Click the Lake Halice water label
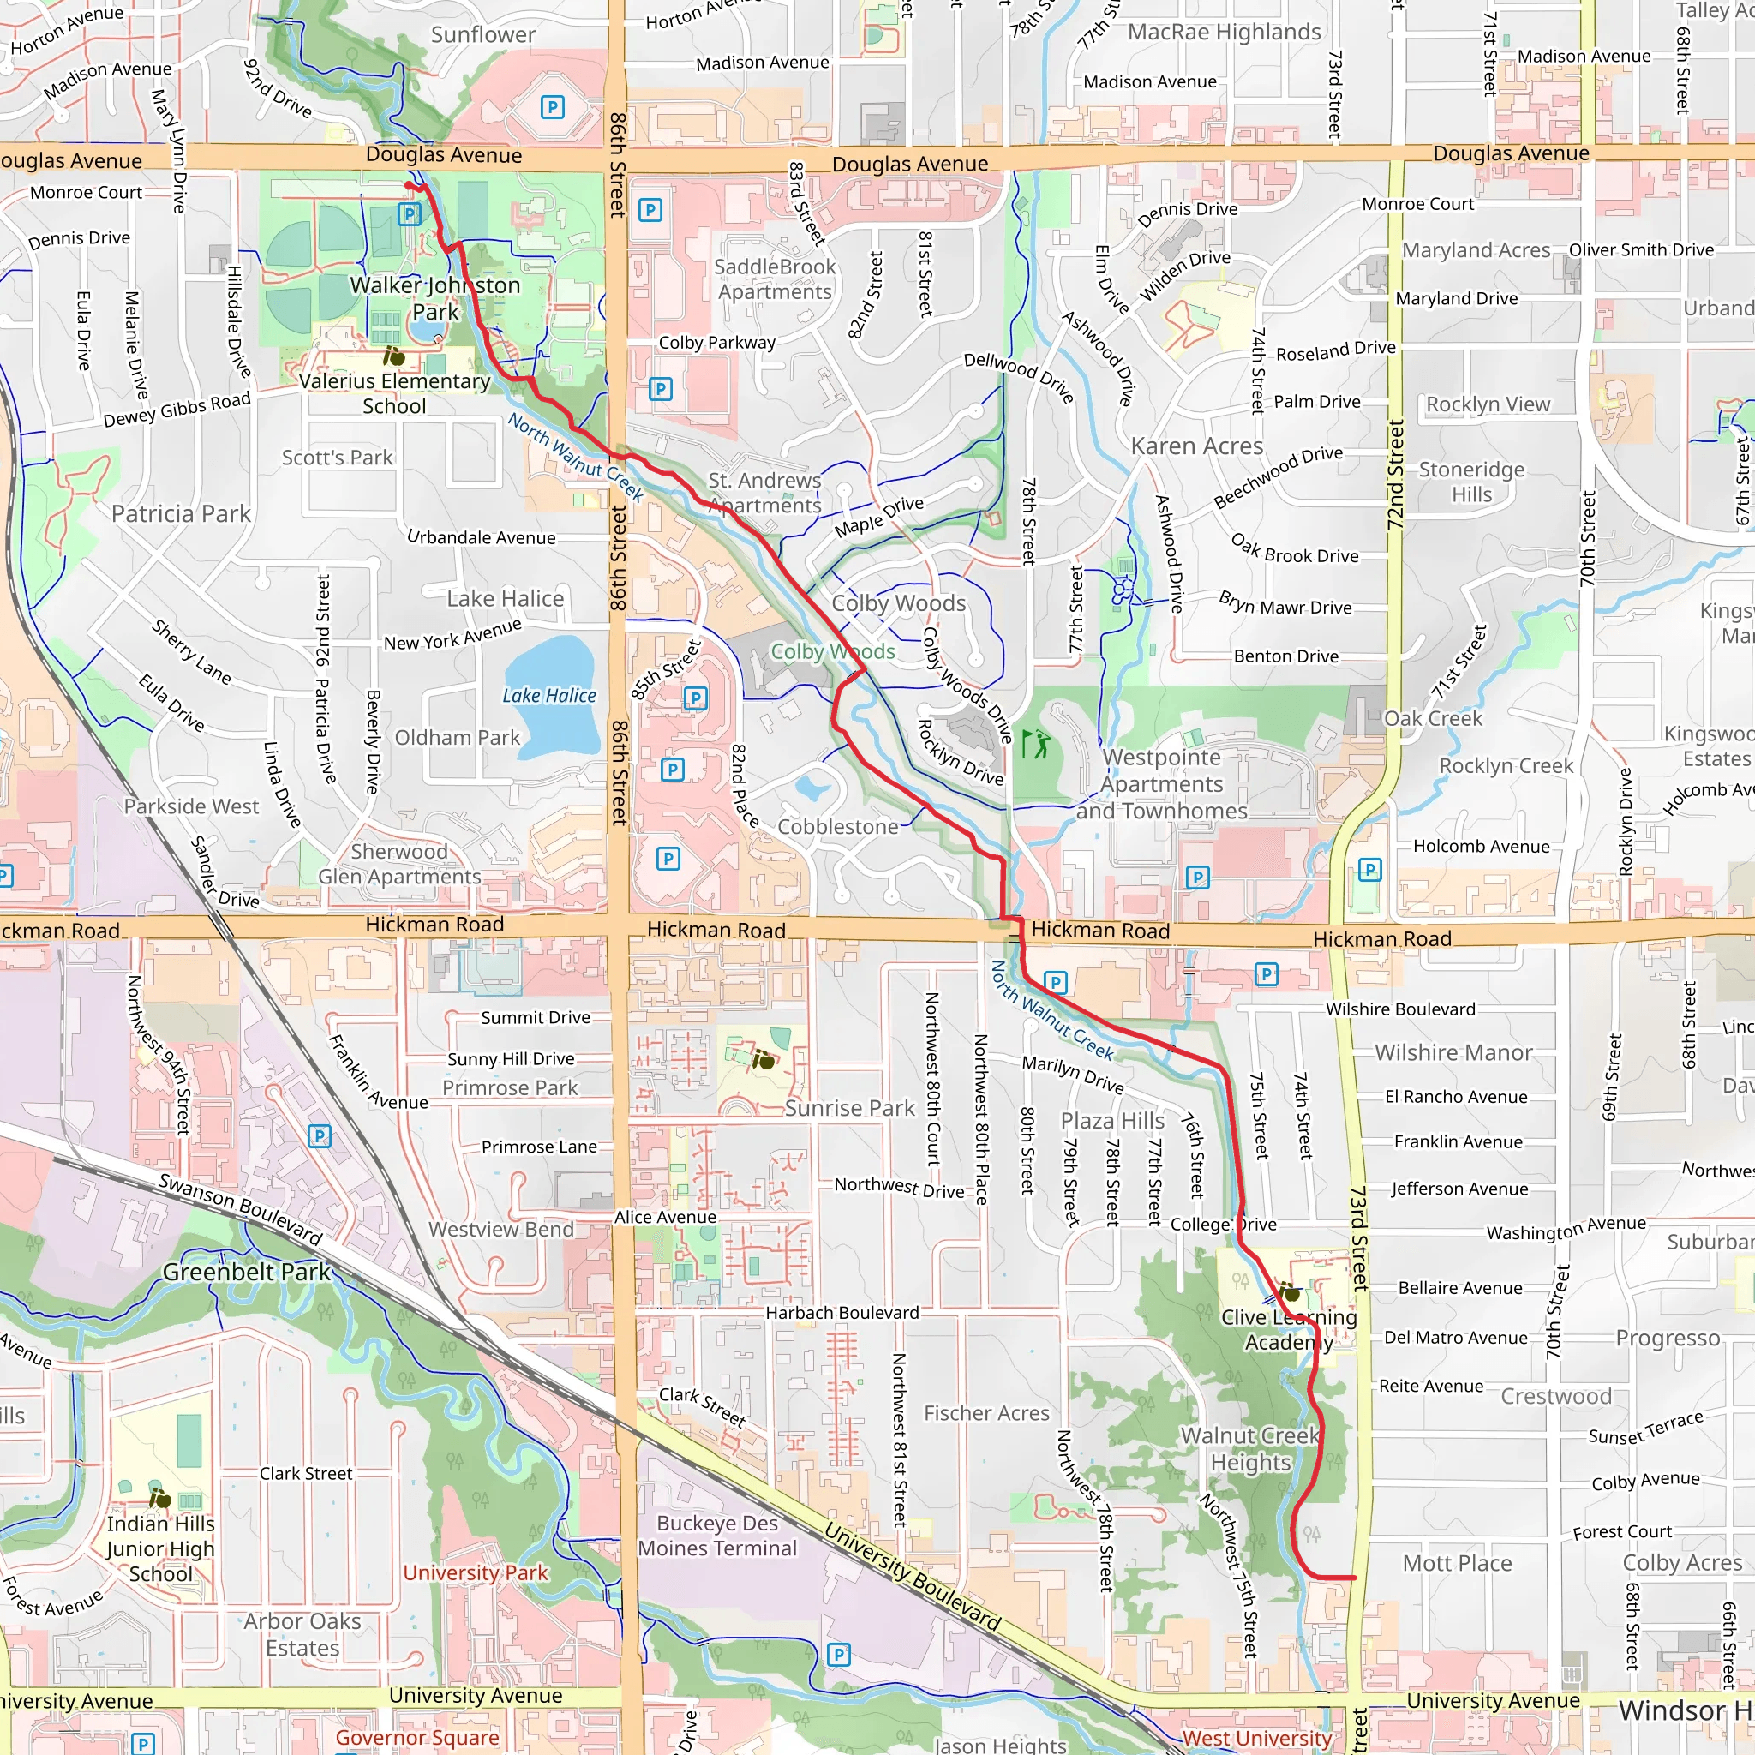(x=548, y=696)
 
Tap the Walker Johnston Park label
(x=435, y=299)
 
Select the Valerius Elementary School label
(x=394, y=393)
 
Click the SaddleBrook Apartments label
(x=774, y=279)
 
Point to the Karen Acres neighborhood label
(x=1196, y=446)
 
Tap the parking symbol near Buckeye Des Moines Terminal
(x=838, y=1654)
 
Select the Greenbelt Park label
(x=246, y=1272)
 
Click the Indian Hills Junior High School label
(x=161, y=1548)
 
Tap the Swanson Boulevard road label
(x=241, y=1208)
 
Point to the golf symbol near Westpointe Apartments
(x=1034, y=744)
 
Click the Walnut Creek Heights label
(x=1250, y=1449)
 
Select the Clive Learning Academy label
(x=1288, y=1329)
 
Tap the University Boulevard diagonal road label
(x=912, y=1577)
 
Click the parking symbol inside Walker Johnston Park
(x=410, y=214)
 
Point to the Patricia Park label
(x=181, y=514)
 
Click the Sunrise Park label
(x=849, y=1108)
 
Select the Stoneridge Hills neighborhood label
(x=1471, y=482)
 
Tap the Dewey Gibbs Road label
(x=177, y=410)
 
